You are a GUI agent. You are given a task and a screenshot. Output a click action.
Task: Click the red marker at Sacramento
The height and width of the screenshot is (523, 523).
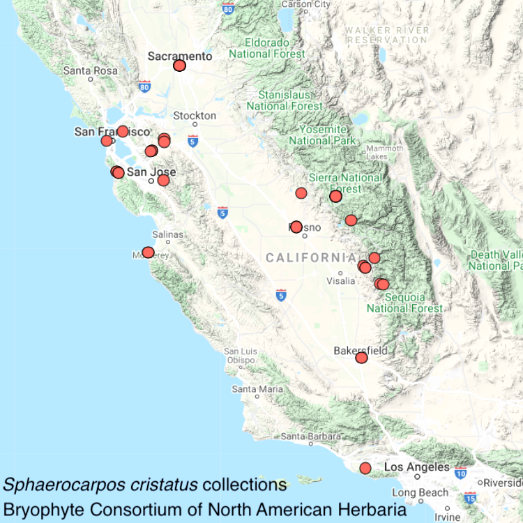(x=179, y=66)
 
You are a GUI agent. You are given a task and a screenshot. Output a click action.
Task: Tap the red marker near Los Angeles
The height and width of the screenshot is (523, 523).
(x=365, y=468)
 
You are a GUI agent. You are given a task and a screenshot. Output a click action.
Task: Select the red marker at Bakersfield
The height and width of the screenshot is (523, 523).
(x=361, y=358)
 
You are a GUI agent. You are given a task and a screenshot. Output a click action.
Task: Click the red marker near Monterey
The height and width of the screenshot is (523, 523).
(x=148, y=252)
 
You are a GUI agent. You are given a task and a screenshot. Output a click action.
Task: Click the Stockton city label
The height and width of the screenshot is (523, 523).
(x=195, y=116)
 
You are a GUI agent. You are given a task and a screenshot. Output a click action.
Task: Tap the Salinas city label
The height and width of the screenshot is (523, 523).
(x=167, y=235)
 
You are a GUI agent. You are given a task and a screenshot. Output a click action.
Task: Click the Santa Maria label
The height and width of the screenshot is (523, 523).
(x=257, y=388)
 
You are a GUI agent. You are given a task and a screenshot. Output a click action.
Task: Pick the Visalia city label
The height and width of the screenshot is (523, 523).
(x=341, y=281)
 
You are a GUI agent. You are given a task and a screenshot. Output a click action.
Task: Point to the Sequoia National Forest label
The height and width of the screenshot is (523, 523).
(x=404, y=303)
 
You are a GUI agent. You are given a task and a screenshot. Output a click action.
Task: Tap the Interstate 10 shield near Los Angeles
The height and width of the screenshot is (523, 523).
(x=460, y=473)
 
